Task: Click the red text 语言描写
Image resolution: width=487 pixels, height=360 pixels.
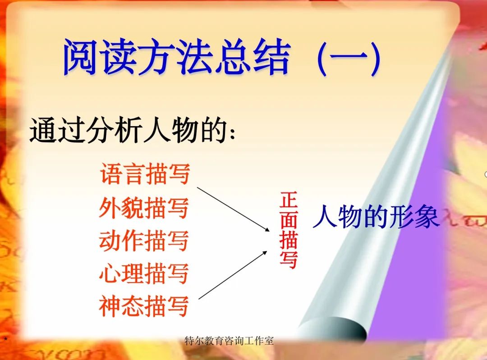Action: coord(145,174)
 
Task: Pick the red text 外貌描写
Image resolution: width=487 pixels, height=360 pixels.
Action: coord(144,208)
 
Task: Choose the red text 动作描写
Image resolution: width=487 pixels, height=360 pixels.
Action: coord(144,240)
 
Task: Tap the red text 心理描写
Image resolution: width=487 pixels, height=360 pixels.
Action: coord(144,273)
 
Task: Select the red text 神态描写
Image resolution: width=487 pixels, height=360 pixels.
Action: coord(144,306)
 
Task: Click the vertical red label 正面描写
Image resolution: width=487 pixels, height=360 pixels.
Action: coord(289,230)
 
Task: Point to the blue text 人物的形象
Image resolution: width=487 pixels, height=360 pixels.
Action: coord(376,217)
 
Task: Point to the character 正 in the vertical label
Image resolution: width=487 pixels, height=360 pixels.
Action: coord(289,201)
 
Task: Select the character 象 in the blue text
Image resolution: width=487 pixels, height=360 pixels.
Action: coord(427,217)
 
